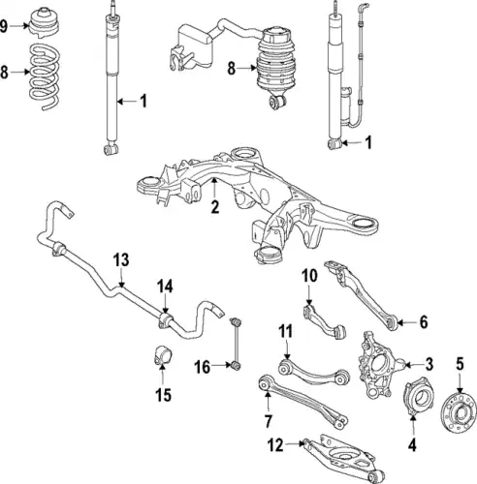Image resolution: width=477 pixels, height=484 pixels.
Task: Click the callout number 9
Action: click(x=3, y=26)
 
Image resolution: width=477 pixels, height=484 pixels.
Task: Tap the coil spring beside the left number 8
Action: click(x=44, y=76)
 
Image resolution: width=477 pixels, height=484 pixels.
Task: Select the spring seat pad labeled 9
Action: click(x=44, y=22)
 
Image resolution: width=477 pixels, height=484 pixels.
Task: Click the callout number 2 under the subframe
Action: click(x=215, y=206)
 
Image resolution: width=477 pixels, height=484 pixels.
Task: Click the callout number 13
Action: click(x=121, y=260)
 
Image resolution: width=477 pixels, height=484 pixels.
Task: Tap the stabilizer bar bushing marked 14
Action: click(x=165, y=320)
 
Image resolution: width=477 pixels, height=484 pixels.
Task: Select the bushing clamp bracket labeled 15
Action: click(x=162, y=355)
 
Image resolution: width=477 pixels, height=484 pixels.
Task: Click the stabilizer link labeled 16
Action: click(x=236, y=344)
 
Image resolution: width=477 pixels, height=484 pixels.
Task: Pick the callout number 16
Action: click(x=203, y=367)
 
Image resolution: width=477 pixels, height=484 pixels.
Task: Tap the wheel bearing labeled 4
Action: click(x=419, y=396)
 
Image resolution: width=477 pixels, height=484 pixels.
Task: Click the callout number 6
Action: click(x=424, y=321)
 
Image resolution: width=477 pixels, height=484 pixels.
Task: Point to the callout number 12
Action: click(x=275, y=445)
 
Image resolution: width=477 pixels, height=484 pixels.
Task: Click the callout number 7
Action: click(x=268, y=421)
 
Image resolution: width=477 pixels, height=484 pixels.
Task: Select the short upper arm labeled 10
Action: click(x=324, y=320)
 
